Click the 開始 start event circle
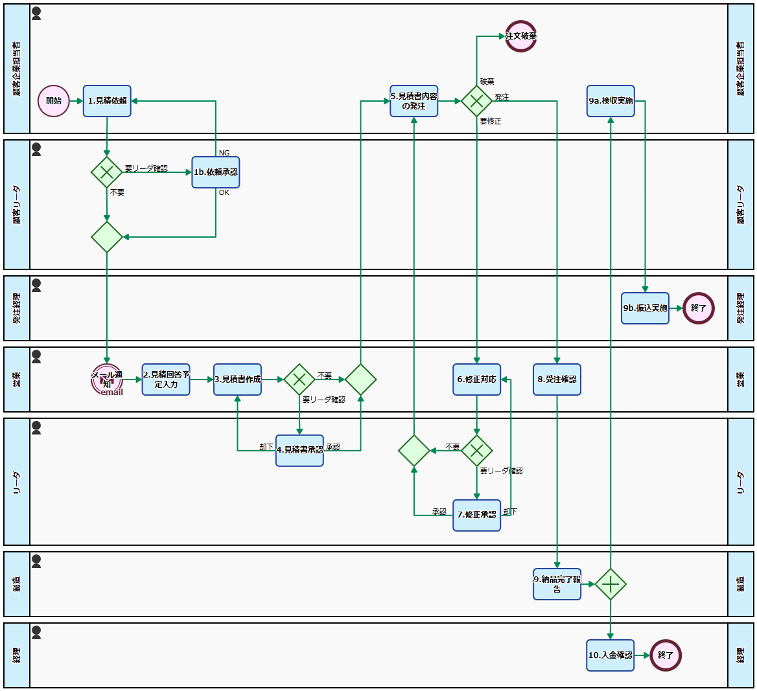pos(54,101)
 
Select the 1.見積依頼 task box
pos(107,101)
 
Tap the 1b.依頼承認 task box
pos(216,172)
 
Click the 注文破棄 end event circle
pos(521,36)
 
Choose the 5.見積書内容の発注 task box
pos(414,101)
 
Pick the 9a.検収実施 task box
pos(611,101)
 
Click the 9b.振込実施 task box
pos(645,308)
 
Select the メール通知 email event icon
pos(107,379)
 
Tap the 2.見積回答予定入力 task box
pos(166,379)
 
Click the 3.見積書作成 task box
pos(238,379)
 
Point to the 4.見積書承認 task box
pos(299,450)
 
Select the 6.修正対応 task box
pos(477,379)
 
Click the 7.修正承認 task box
pos(477,515)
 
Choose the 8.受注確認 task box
pos(557,379)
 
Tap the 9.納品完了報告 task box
pos(557,584)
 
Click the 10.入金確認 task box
pos(611,655)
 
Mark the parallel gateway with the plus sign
pos(611,584)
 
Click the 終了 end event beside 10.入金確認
pos(666,655)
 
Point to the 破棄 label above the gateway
pos(487,82)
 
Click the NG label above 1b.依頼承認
pos(224,153)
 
